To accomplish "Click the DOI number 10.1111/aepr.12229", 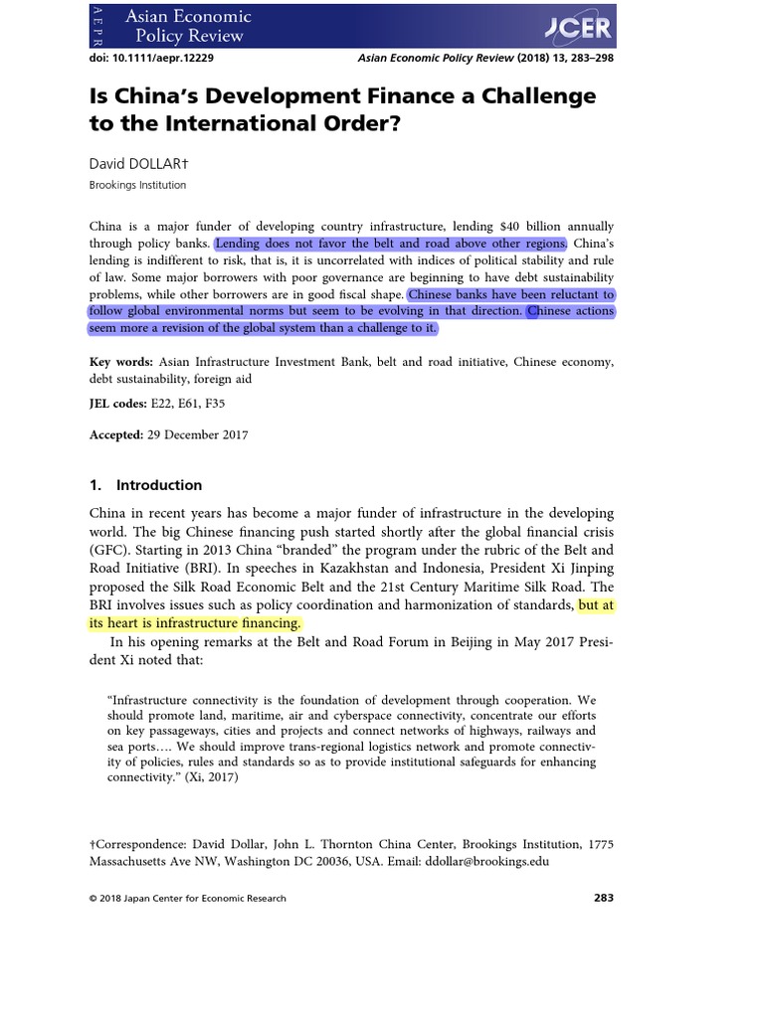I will (x=165, y=59).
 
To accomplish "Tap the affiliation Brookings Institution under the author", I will (x=137, y=185).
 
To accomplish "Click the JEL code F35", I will (x=215, y=406).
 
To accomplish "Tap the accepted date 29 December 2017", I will (x=199, y=434).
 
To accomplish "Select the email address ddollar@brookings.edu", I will (x=486, y=862).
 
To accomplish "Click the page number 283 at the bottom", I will (x=603, y=898).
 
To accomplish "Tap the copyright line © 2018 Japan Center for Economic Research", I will (x=187, y=899).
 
